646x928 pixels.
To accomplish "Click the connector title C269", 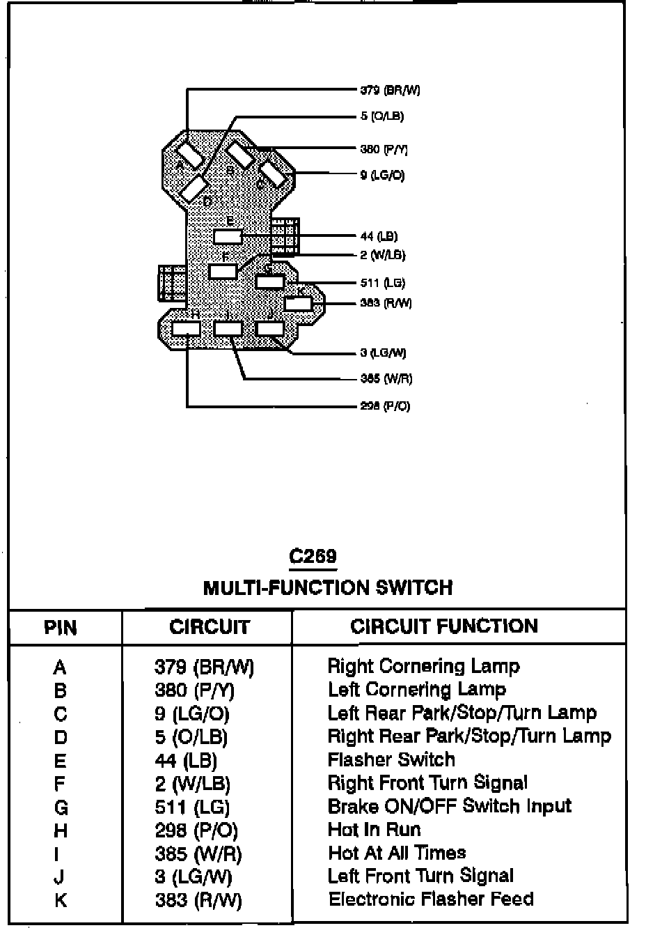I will click(x=313, y=556).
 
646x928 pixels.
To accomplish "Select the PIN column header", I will click(x=61, y=627).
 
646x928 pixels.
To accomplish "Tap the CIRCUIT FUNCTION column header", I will click(x=444, y=626).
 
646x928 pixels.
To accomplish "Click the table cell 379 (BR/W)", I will click(x=204, y=667).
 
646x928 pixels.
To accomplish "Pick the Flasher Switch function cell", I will click(x=391, y=759).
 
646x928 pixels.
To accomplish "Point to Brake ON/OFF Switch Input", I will click(x=449, y=806).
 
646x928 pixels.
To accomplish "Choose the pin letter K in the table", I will click(x=61, y=900).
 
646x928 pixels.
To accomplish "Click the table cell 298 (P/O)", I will click(x=196, y=830).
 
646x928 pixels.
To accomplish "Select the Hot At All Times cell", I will click(x=397, y=853).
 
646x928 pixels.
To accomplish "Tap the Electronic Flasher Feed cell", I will click(x=431, y=899).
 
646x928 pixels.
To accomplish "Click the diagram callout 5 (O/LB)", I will click(x=382, y=116).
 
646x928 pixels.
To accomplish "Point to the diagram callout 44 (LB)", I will click(x=379, y=236).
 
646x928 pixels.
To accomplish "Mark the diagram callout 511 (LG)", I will click(x=383, y=283).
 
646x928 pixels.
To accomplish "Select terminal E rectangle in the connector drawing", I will click(x=228, y=236).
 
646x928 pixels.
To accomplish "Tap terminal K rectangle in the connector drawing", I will click(x=298, y=303).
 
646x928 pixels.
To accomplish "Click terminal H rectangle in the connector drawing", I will click(x=187, y=329).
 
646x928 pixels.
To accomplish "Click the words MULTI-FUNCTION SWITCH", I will click(x=327, y=587).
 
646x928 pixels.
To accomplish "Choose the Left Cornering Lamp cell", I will click(x=417, y=690).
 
